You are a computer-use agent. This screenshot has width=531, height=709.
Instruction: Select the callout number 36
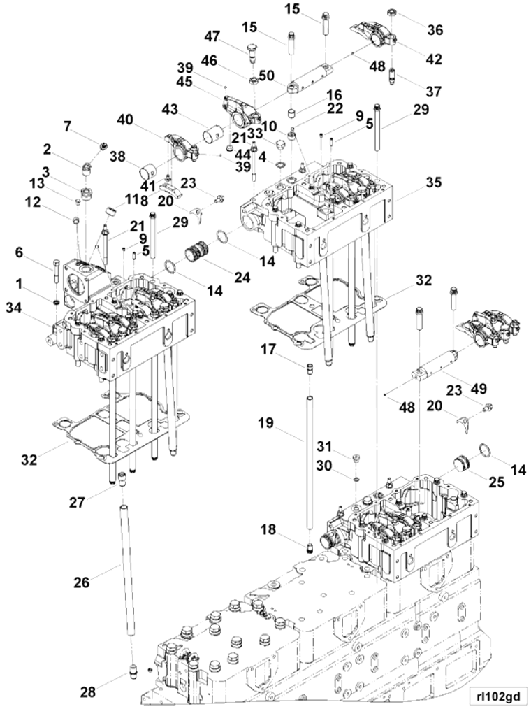[435, 31]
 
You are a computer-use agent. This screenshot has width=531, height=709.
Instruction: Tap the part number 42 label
[434, 60]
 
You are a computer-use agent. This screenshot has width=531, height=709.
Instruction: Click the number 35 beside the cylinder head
[434, 183]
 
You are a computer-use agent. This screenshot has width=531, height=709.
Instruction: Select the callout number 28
[88, 692]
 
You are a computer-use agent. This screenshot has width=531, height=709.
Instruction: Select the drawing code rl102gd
[497, 695]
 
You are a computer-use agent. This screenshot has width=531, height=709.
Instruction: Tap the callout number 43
[170, 110]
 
